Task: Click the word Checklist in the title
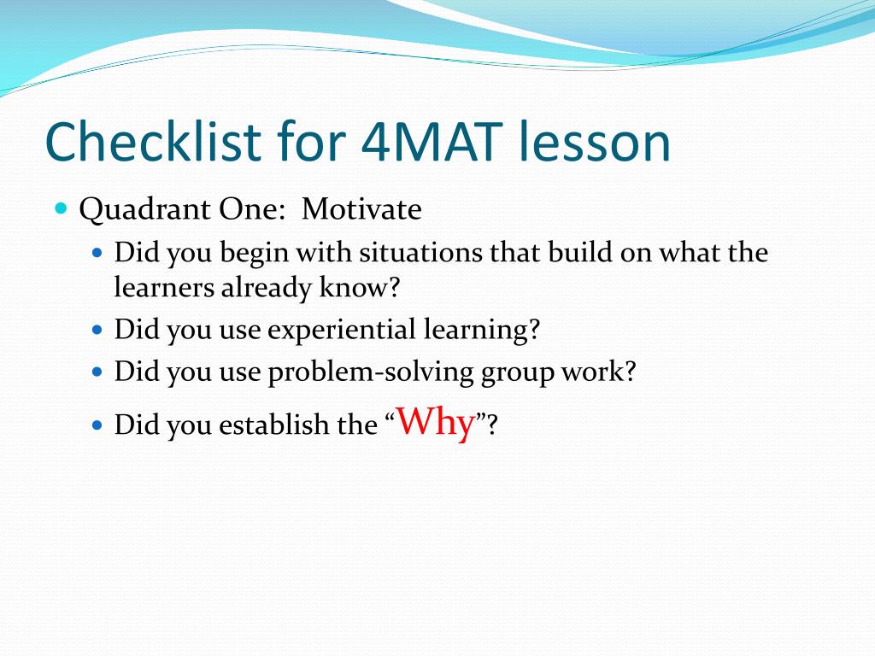pos(153,142)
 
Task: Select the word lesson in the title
pos(595,142)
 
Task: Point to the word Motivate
pos(361,209)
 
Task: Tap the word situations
pos(420,252)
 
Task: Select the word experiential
pos(342,330)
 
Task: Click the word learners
pos(164,287)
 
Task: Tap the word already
pos(267,289)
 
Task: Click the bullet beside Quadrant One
pos(62,209)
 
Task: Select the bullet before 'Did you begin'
pos(97,253)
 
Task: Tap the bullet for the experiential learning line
pos(97,329)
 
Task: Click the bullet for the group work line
pos(97,372)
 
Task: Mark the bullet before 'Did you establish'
pos(97,425)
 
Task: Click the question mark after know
pos(394,288)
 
